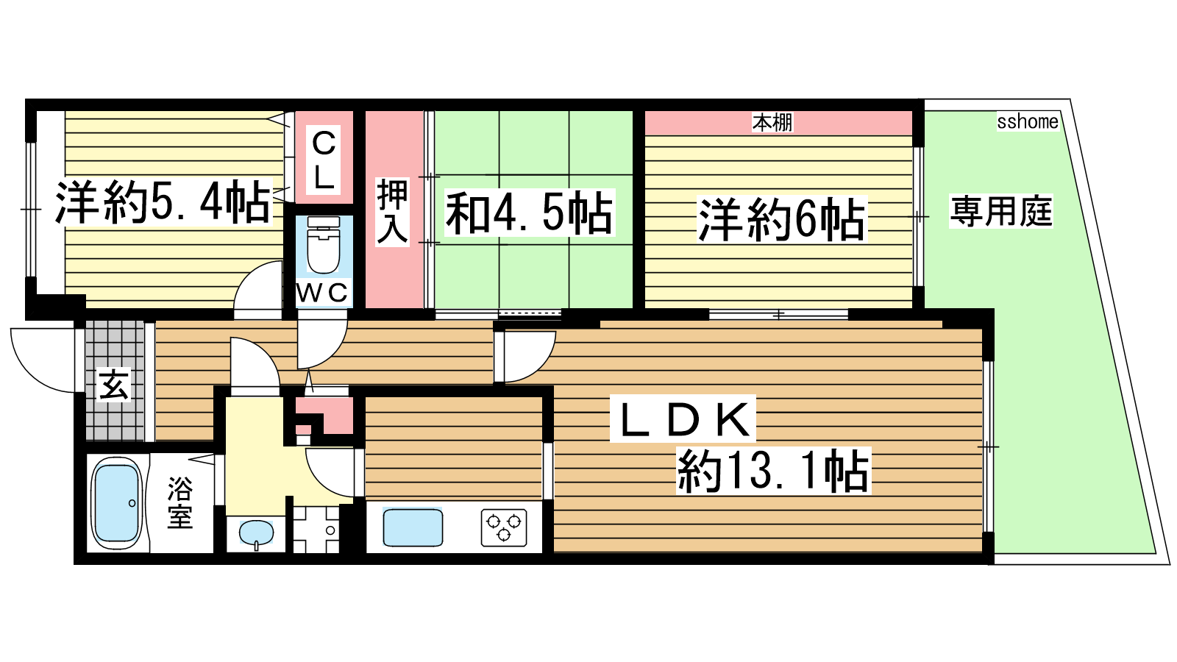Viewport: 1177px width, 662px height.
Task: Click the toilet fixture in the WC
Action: point(323,246)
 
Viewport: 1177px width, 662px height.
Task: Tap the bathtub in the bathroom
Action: point(117,504)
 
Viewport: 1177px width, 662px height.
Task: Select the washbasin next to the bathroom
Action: point(257,533)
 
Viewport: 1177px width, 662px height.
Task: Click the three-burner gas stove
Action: point(504,527)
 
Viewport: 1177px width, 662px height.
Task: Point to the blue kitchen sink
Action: point(413,527)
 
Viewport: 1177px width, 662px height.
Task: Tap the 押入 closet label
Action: point(393,211)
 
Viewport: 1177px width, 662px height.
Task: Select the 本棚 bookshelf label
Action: point(772,122)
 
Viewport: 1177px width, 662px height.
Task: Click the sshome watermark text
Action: point(1028,121)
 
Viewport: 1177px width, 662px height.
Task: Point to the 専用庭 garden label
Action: point(1001,211)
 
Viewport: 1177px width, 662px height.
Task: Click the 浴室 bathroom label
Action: point(179,503)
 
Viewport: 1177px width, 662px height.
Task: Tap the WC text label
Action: point(323,293)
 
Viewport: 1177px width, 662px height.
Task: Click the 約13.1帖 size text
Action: point(773,471)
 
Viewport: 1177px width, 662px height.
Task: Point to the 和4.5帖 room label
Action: point(530,213)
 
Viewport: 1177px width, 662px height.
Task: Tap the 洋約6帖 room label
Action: point(781,219)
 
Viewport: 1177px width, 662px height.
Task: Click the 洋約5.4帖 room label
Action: point(163,202)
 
